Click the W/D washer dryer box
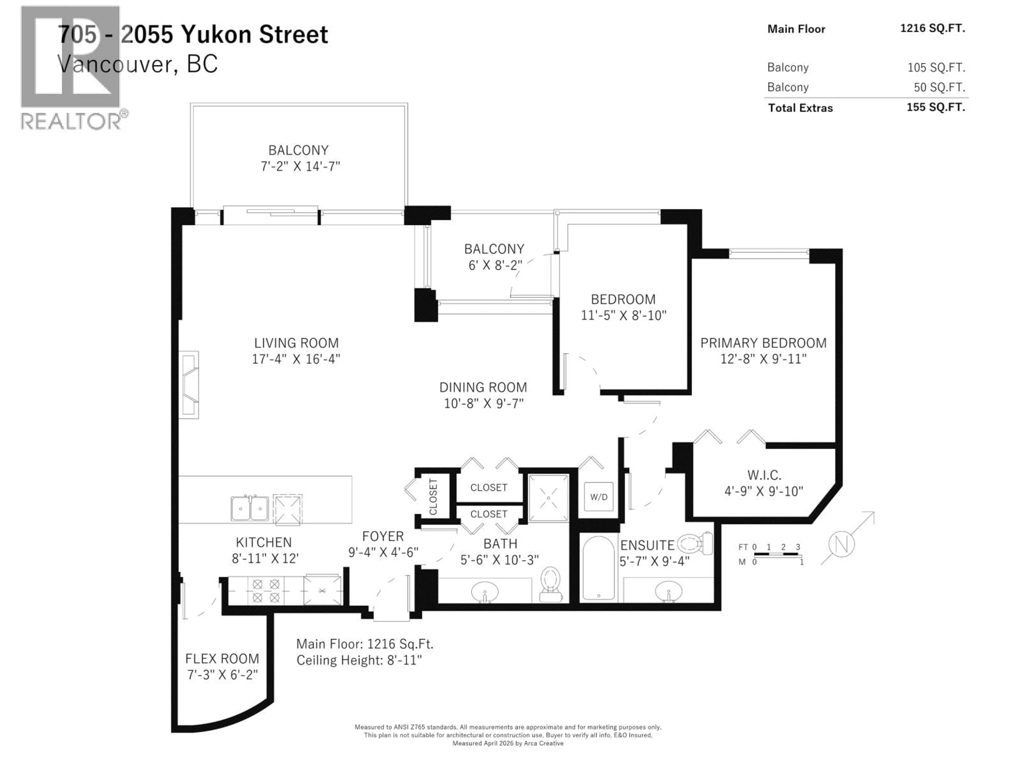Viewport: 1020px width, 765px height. [x=598, y=497]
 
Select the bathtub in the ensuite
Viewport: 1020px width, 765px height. [x=598, y=568]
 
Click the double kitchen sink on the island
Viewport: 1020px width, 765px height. [x=249, y=508]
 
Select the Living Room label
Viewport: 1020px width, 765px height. [x=296, y=343]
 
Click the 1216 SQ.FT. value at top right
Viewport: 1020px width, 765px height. [x=932, y=29]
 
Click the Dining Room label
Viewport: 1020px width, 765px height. [x=483, y=387]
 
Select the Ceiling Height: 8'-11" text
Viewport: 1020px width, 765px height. [x=359, y=660]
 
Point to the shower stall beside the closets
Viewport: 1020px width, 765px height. [x=548, y=498]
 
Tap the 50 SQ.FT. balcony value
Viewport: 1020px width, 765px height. [x=939, y=87]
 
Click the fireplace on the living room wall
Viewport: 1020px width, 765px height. [x=189, y=385]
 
